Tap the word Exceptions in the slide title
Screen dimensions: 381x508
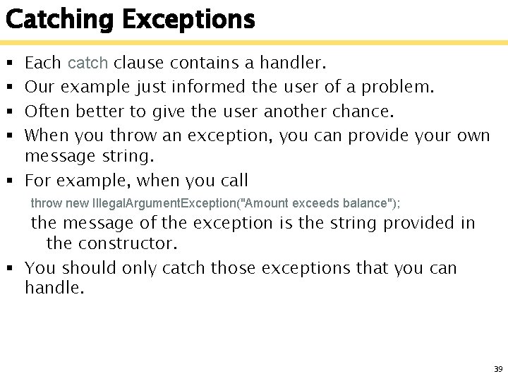pos(188,20)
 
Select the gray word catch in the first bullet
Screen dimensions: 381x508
pos(87,64)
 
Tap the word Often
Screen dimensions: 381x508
pos(48,111)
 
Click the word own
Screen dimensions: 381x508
pos(472,135)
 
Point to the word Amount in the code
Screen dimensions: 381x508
pos(267,203)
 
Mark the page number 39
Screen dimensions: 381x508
pos(497,369)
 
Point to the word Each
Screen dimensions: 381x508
pos(42,64)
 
